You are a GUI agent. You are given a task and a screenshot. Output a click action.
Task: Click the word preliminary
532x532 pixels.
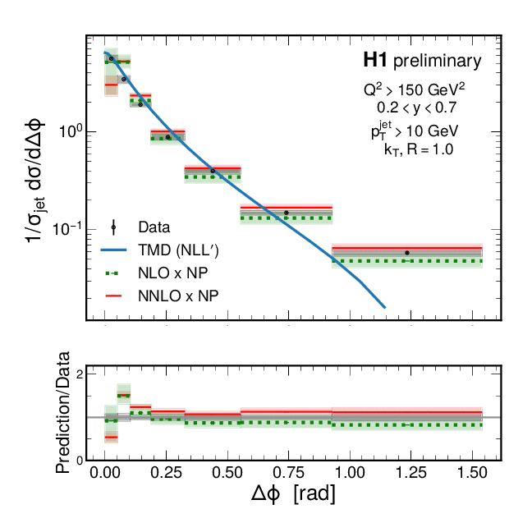tap(437, 61)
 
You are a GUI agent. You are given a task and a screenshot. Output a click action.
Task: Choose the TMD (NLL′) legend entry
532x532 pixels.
tap(179, 249)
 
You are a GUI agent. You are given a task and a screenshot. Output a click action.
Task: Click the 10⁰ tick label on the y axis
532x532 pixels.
tap(66, 131)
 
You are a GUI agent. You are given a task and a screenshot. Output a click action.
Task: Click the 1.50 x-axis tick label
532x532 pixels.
tap(472, 475)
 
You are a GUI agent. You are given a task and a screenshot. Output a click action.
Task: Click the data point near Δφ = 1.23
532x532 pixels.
tap(407, 253)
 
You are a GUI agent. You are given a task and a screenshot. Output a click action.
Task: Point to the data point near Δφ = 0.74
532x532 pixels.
tap(287, 213)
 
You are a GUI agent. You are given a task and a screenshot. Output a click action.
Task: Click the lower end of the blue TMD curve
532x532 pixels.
tap(384, 308)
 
